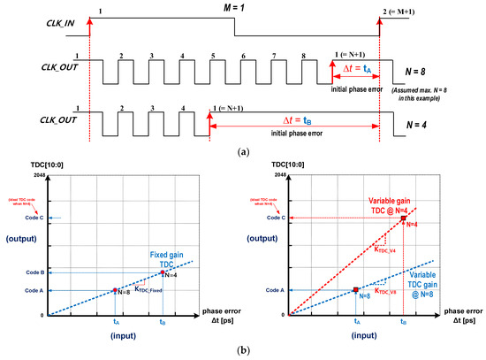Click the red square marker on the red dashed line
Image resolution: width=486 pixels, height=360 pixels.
[x=403, y=218]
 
